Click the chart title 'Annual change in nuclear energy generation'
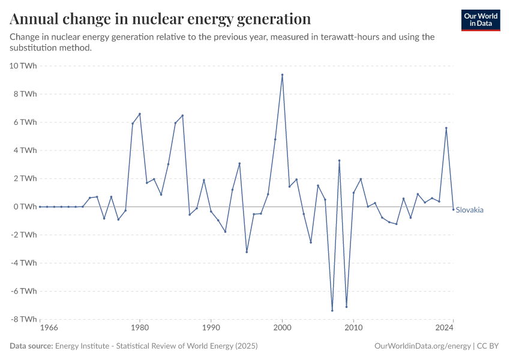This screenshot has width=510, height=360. click(x=160, y=19)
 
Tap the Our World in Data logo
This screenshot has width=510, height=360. click(x=481, y=20)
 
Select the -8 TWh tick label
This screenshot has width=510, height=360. click(x=24, y=319)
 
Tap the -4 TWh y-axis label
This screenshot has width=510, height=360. click(x=24, y=263)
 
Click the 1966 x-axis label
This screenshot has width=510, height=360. click(x=49, y=328)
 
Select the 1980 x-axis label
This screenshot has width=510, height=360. click(x=140, y=328)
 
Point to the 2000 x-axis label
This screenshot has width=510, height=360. click(x=282, y=328)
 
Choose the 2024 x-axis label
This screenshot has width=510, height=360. click(x=445, y=328)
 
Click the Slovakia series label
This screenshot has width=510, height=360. click(x=470, y=210)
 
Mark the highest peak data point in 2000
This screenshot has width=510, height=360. click(x=282, y=75)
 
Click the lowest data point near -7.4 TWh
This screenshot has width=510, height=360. click(x=332, y=310)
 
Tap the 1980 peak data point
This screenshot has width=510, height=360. click(x=140, y=114)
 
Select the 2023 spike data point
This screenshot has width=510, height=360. click(x=446, y=128)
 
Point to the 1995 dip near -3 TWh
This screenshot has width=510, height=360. click(x=247, y=252)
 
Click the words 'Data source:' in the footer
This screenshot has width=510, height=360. click(x=31, y=346)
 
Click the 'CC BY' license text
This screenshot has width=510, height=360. click(x=489, y=346)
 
